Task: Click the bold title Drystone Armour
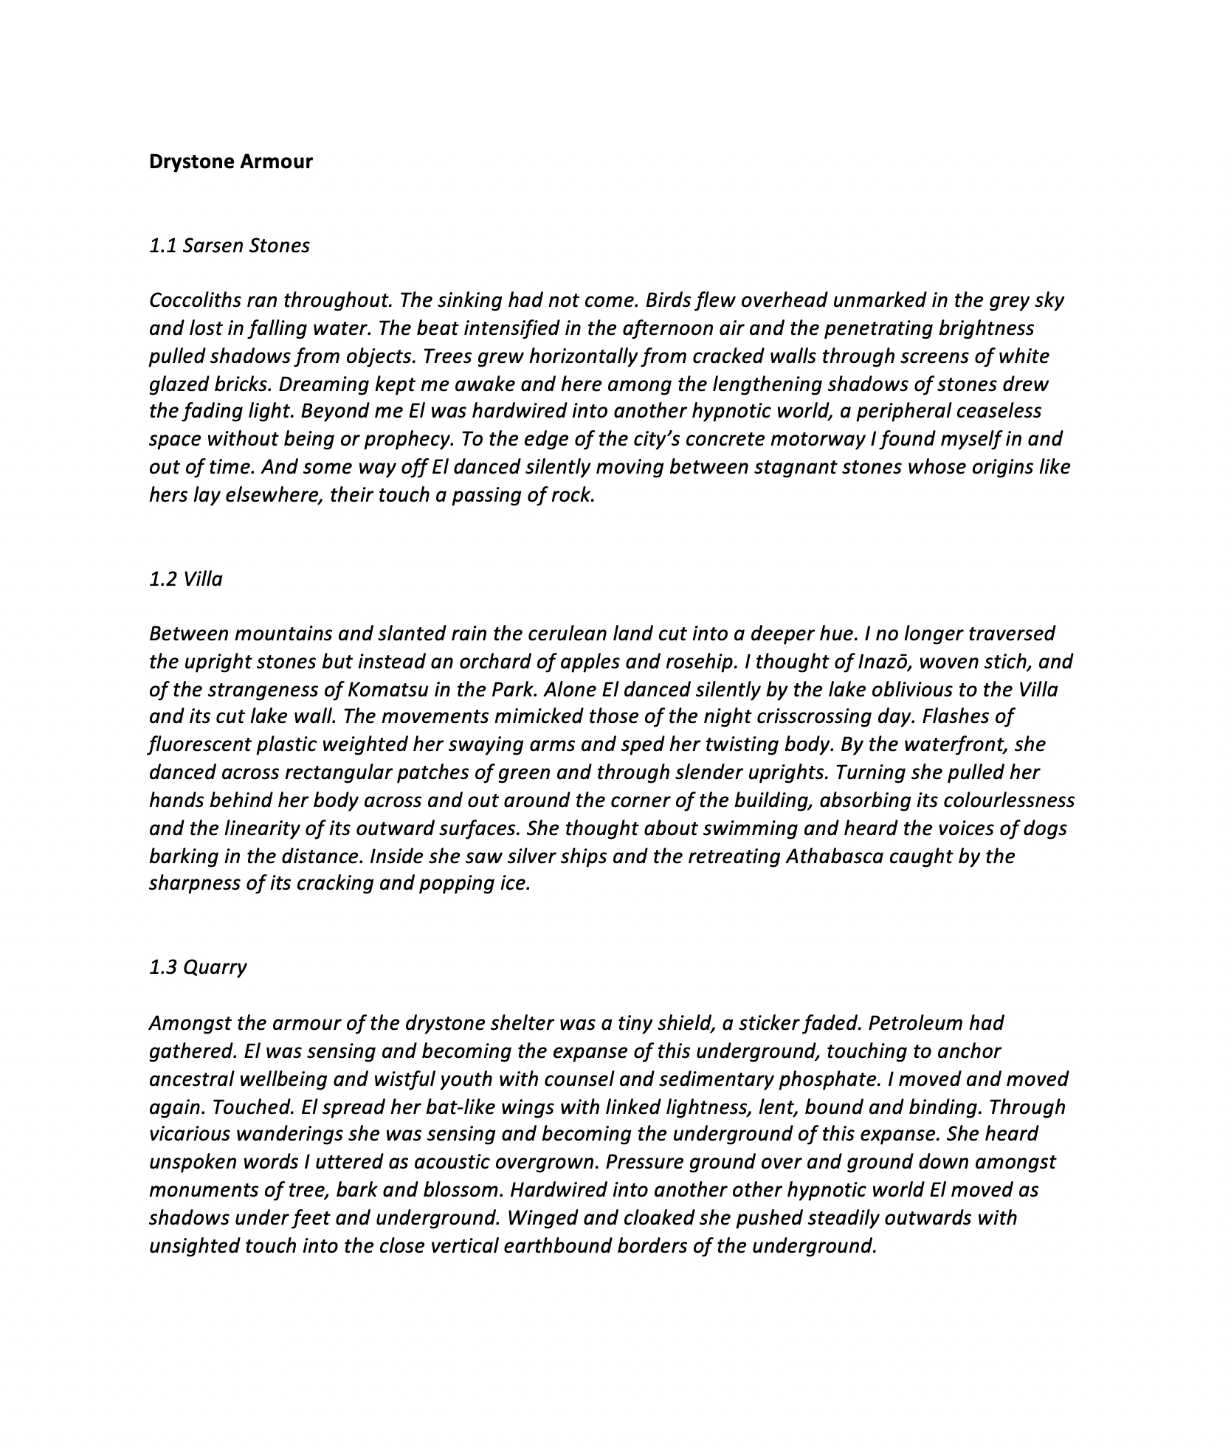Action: [x=230, y=162]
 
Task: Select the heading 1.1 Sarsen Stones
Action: [x=229, y=246]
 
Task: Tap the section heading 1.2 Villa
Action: [x=185, y=579]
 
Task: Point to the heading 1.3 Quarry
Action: [x=197, y=967]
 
